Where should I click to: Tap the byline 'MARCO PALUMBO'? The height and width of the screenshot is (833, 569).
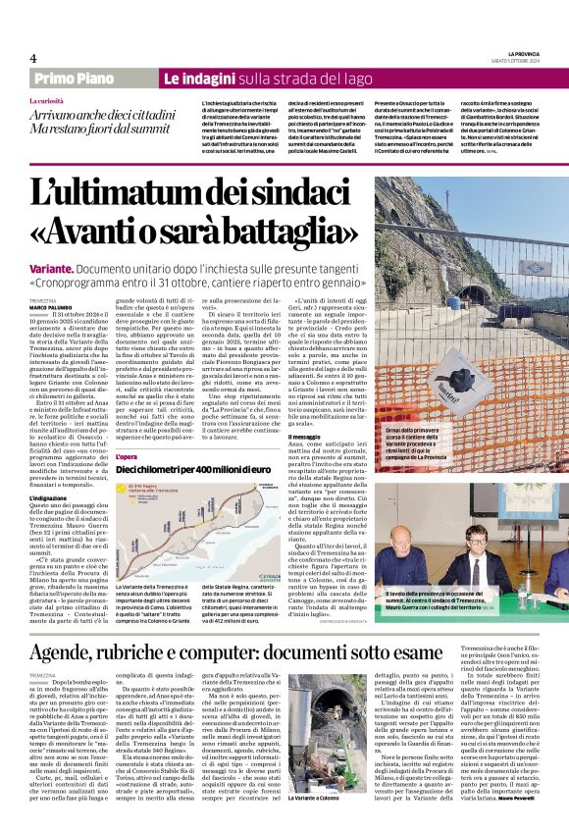click(48, 307)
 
